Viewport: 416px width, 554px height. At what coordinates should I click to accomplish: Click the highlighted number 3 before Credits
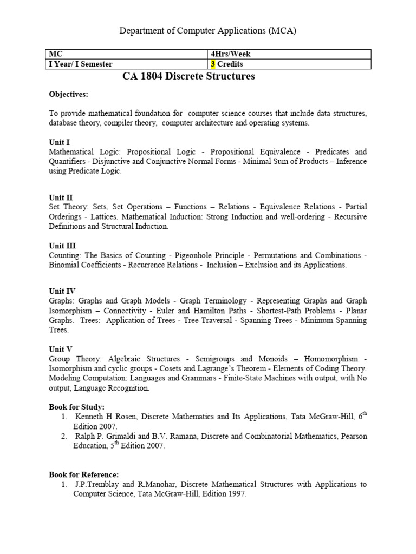(x=213, y=64)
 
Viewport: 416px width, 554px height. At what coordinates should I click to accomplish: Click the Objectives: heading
(x=68, y=95)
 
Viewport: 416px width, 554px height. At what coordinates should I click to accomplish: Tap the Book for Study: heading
(x=76, y=407)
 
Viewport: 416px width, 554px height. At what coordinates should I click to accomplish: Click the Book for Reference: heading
(x=83, y=474)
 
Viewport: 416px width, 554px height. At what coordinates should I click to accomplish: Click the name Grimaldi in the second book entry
(x=123, y=436)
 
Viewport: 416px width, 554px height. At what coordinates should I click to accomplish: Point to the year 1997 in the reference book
(x=236, y=494)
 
